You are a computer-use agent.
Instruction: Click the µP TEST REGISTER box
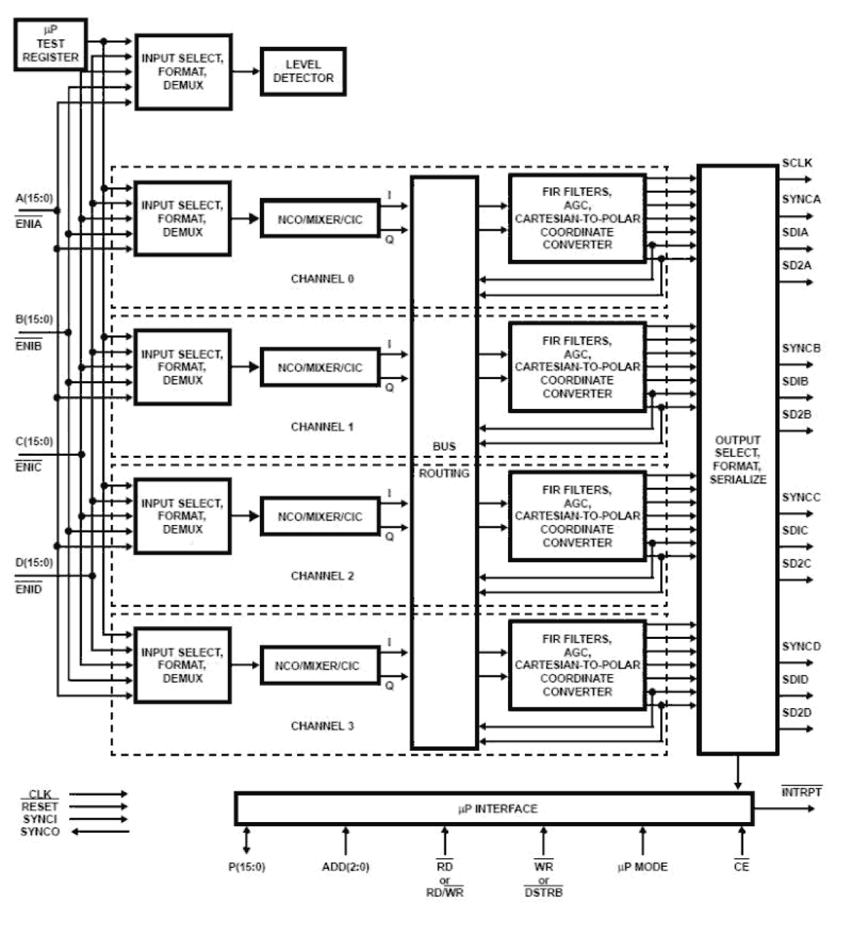(50, 45)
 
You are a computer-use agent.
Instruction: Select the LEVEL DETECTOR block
(303, 71)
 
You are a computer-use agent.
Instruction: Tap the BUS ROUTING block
(444, 461)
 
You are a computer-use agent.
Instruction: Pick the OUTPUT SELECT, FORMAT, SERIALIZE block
(737, 459)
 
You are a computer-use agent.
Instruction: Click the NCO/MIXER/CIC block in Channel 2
(319, 517)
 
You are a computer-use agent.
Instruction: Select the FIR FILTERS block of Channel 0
(577, 218)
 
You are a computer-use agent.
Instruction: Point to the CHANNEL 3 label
(322, 726)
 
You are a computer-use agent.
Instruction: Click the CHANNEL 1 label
(322, 427)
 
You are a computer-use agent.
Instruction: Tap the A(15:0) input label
(34, 198)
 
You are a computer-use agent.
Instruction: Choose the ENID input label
(28, 589)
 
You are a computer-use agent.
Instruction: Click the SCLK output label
(796, 163)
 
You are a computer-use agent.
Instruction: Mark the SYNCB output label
(801, 348)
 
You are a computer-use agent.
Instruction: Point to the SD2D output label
(796, 712)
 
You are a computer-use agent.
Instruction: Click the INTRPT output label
(801, 792)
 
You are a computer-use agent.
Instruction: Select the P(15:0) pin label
(246, 867)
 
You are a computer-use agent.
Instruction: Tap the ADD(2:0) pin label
(345, 867)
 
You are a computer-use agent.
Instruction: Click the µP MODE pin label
(642, 867)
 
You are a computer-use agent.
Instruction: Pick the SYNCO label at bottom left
(40, 832)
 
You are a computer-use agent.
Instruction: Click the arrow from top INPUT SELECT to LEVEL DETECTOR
(246, 71)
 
